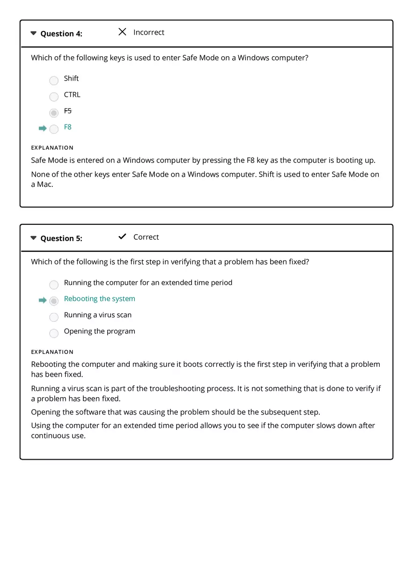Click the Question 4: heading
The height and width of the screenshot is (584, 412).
61,34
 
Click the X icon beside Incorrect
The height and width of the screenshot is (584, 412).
122,32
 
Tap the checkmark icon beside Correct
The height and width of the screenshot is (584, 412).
122,237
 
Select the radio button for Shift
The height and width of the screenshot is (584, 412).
54,81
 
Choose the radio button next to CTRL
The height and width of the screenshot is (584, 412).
54,96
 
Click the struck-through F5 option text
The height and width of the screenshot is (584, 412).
68,111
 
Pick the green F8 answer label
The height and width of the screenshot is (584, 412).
68,127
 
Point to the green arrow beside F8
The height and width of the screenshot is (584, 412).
43,128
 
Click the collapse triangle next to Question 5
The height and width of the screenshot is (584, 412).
33,238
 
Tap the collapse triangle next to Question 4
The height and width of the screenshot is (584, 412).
33,33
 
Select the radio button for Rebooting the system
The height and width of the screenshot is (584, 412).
54,301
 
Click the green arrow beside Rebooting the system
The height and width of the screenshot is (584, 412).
43,300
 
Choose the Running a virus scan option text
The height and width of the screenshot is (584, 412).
97,315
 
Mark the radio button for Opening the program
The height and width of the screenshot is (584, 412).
54,333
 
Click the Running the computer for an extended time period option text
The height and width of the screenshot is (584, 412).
148,282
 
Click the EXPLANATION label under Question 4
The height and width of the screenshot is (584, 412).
52,148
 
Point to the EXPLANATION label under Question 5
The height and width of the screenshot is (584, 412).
52,352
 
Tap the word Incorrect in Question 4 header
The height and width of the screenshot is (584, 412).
148,32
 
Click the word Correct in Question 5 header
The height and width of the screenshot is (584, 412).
146,237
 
